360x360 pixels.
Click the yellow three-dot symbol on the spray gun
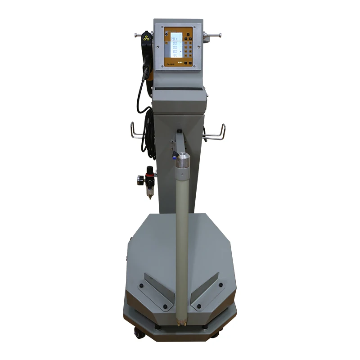[x=145, y=39]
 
